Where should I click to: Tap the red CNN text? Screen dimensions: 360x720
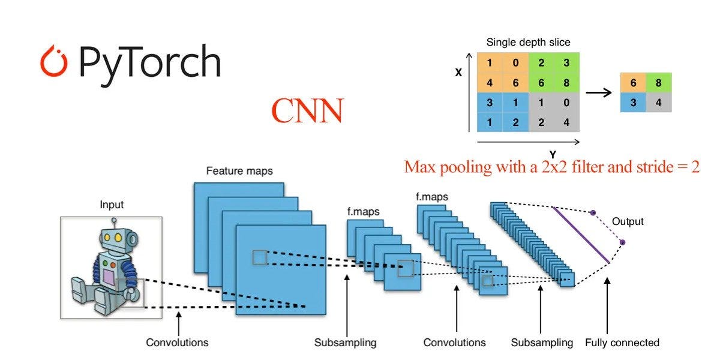[x=307, y=111]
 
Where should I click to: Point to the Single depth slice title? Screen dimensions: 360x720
[x=528, y=43]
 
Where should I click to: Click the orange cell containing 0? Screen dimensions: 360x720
[x=515, y=63]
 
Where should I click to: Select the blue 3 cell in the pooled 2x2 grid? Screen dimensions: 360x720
[x=633, y=103]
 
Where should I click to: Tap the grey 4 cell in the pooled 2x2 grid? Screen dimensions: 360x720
[x=659, y=103]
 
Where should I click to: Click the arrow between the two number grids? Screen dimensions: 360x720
[x=599, y=92]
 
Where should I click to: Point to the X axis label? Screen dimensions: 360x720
[x=458, y=73]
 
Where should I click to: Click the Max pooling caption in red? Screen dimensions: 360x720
[x=552, y=166]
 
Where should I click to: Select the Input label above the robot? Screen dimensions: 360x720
[x=112, y=205]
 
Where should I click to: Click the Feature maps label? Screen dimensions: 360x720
[x=239, y=171]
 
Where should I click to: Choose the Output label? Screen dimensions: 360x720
[x=628, y=221]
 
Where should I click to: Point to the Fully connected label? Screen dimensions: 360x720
[x=622, y=343]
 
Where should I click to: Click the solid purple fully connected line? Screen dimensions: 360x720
[x=581, y=235]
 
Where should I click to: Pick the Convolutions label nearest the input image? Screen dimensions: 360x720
[x=178, y=343]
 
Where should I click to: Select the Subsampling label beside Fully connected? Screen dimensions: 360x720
[x=542, y=343]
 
